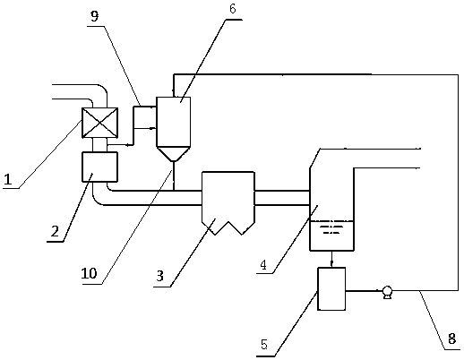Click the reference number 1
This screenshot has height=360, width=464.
click(x=8, y=180)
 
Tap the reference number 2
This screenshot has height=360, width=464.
click(x=56, y=231)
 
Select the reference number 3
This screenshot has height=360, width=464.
click(x=160, y=276)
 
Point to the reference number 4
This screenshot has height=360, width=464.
click(x=263, y=264)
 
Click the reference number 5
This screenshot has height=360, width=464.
click(x=264, y=344)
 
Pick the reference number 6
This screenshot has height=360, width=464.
click(x=232, y=9)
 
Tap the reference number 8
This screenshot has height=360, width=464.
click(x=451, y=339)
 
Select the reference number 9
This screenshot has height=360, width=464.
click(x=94, y=16)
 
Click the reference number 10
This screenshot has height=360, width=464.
click(x=89, y=273)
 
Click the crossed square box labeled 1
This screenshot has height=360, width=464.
click(x=99, y=123)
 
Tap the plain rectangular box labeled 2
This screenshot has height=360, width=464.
click(x=99, y=167)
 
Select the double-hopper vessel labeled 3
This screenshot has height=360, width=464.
click(x=228, y=203)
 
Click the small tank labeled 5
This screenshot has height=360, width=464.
click(x=331, y=288)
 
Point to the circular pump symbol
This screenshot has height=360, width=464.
click(x=387, y=292)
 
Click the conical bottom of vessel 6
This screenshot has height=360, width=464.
click(x=174, y=154)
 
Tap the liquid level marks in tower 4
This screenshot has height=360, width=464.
click(x=331, y=229)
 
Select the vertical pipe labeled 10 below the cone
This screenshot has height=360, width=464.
click(x=174, y=176)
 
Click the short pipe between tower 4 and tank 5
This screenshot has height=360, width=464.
click(x=331, y=259)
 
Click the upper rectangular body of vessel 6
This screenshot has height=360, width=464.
click(x=174, y=122)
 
